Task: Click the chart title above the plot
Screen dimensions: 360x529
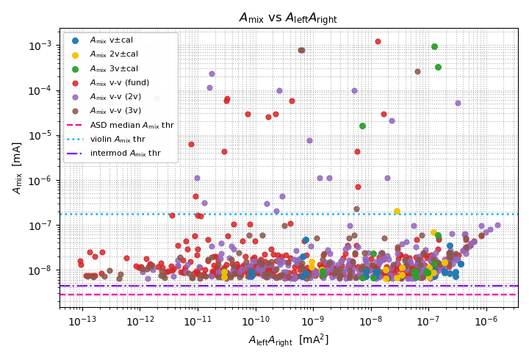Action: pos(288,18)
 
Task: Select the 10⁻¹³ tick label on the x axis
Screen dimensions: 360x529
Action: pos(82,321)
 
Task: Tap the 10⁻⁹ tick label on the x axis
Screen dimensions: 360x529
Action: pos(313,321)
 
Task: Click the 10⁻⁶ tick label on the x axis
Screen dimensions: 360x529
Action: pos(486,321)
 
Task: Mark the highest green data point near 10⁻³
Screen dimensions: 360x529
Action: pos(434,46)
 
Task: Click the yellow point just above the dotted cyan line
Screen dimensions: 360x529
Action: pos(397,211)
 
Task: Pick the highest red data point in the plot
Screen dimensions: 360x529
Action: pos(378,41)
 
